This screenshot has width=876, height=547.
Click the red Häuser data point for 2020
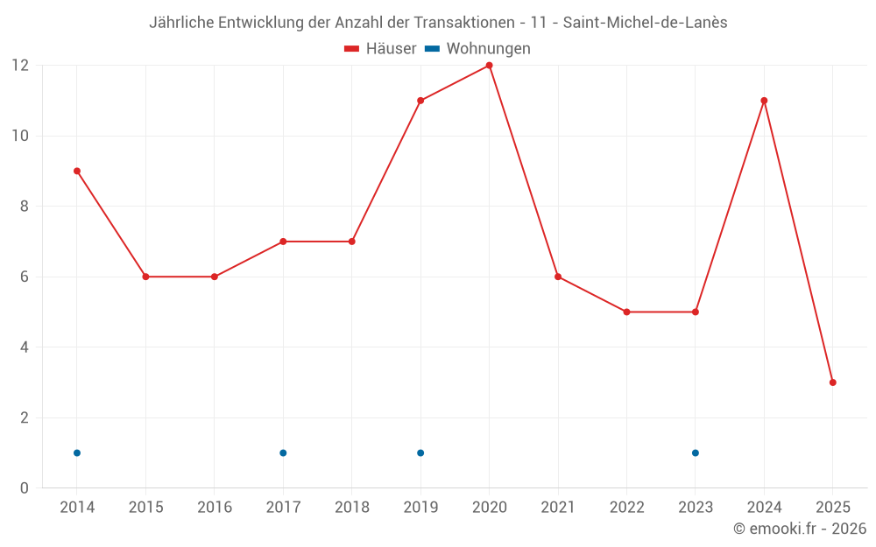pyautogui.click(x=489, y=66)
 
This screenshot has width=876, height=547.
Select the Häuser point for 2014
pyautogui.click(x=77, y=171)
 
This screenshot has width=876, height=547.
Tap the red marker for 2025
pyautogui.click(x=832, y=382)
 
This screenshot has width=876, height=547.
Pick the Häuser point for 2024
pyautogui.click(x=764, y=101)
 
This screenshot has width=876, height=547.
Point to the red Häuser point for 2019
pyautogui.click(x=420, y=101)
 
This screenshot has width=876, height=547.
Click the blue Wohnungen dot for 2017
pyautogui.click(x=283, y=452)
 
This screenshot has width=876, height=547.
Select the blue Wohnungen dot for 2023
pyautogui.click(x=696, y=452)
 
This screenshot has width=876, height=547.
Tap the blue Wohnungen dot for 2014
pyautogui.click(x=77, y=452)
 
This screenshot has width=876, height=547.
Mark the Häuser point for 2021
pyautogui.click(x=558, y=277)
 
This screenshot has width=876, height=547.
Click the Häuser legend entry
pyautogui.click(x=380, y=49)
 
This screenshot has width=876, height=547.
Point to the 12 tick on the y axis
pyautogui.click(x=20, y=66)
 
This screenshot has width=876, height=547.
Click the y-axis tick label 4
pyautogui.click(x=25, y=347)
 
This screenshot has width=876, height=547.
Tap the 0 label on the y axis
pyautogui.click(x=25, y=488)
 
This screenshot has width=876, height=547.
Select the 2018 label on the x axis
pyautogui.click(x=352, y=508)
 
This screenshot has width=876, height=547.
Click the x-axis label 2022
pyautogui.click(x=626, y=508)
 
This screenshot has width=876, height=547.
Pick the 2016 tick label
pyautogui.click(x=215, y=508)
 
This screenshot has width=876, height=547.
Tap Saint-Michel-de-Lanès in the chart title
pyautogui.click(x=645, y=23)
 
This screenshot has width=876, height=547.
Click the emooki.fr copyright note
pyautogui.click(x=800, y=529)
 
